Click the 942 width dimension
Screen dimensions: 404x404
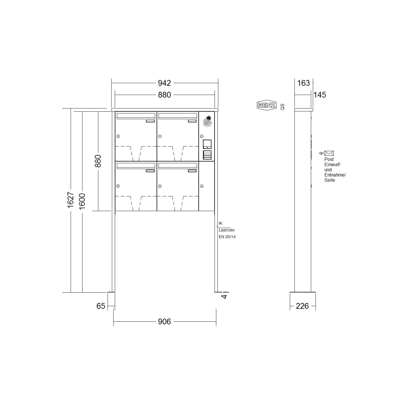point(164,83)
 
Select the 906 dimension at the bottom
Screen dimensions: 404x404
point(164,322)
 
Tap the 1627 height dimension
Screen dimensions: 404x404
point(71,200)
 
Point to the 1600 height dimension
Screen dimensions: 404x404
point(82,201)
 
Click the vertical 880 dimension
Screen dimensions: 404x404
point(98,161)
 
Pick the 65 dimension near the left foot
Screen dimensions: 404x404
point(101,306)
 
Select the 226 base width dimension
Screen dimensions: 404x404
point(302,306)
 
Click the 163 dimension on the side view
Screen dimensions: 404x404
point(303,83)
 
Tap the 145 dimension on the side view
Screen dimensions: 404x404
point(320,95)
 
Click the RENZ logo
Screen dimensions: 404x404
point(267,105)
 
